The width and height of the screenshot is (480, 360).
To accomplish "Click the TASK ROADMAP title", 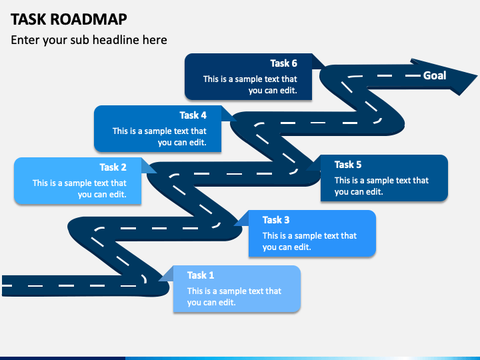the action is click(69, 19).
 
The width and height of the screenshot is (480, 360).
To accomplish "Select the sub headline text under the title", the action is click(89, 40).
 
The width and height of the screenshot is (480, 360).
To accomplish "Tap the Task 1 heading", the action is click(201, 275).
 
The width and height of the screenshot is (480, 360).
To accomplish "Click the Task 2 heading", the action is click(113, 167).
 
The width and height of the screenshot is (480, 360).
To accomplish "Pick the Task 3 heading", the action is click(276, 220).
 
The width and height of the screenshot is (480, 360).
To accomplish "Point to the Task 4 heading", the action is click(193, 115).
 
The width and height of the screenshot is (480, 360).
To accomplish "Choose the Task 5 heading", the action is click(348, 165).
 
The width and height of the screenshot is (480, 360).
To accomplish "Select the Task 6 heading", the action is click(283, 63).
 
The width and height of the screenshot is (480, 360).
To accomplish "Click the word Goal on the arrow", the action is click(435, 75).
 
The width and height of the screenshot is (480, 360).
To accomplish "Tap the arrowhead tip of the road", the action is click(477, 75).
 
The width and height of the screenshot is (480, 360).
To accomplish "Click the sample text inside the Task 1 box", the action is click(234, 297).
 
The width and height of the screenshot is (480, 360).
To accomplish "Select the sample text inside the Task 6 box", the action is click(250, 85).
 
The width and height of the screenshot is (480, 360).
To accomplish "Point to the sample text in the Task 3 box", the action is click(309, 241).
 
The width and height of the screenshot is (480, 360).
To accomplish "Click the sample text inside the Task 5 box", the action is click(381, 186).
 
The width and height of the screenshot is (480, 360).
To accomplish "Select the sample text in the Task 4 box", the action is click(159, 137).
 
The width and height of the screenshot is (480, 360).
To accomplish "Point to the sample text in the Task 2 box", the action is click(79, 189).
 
